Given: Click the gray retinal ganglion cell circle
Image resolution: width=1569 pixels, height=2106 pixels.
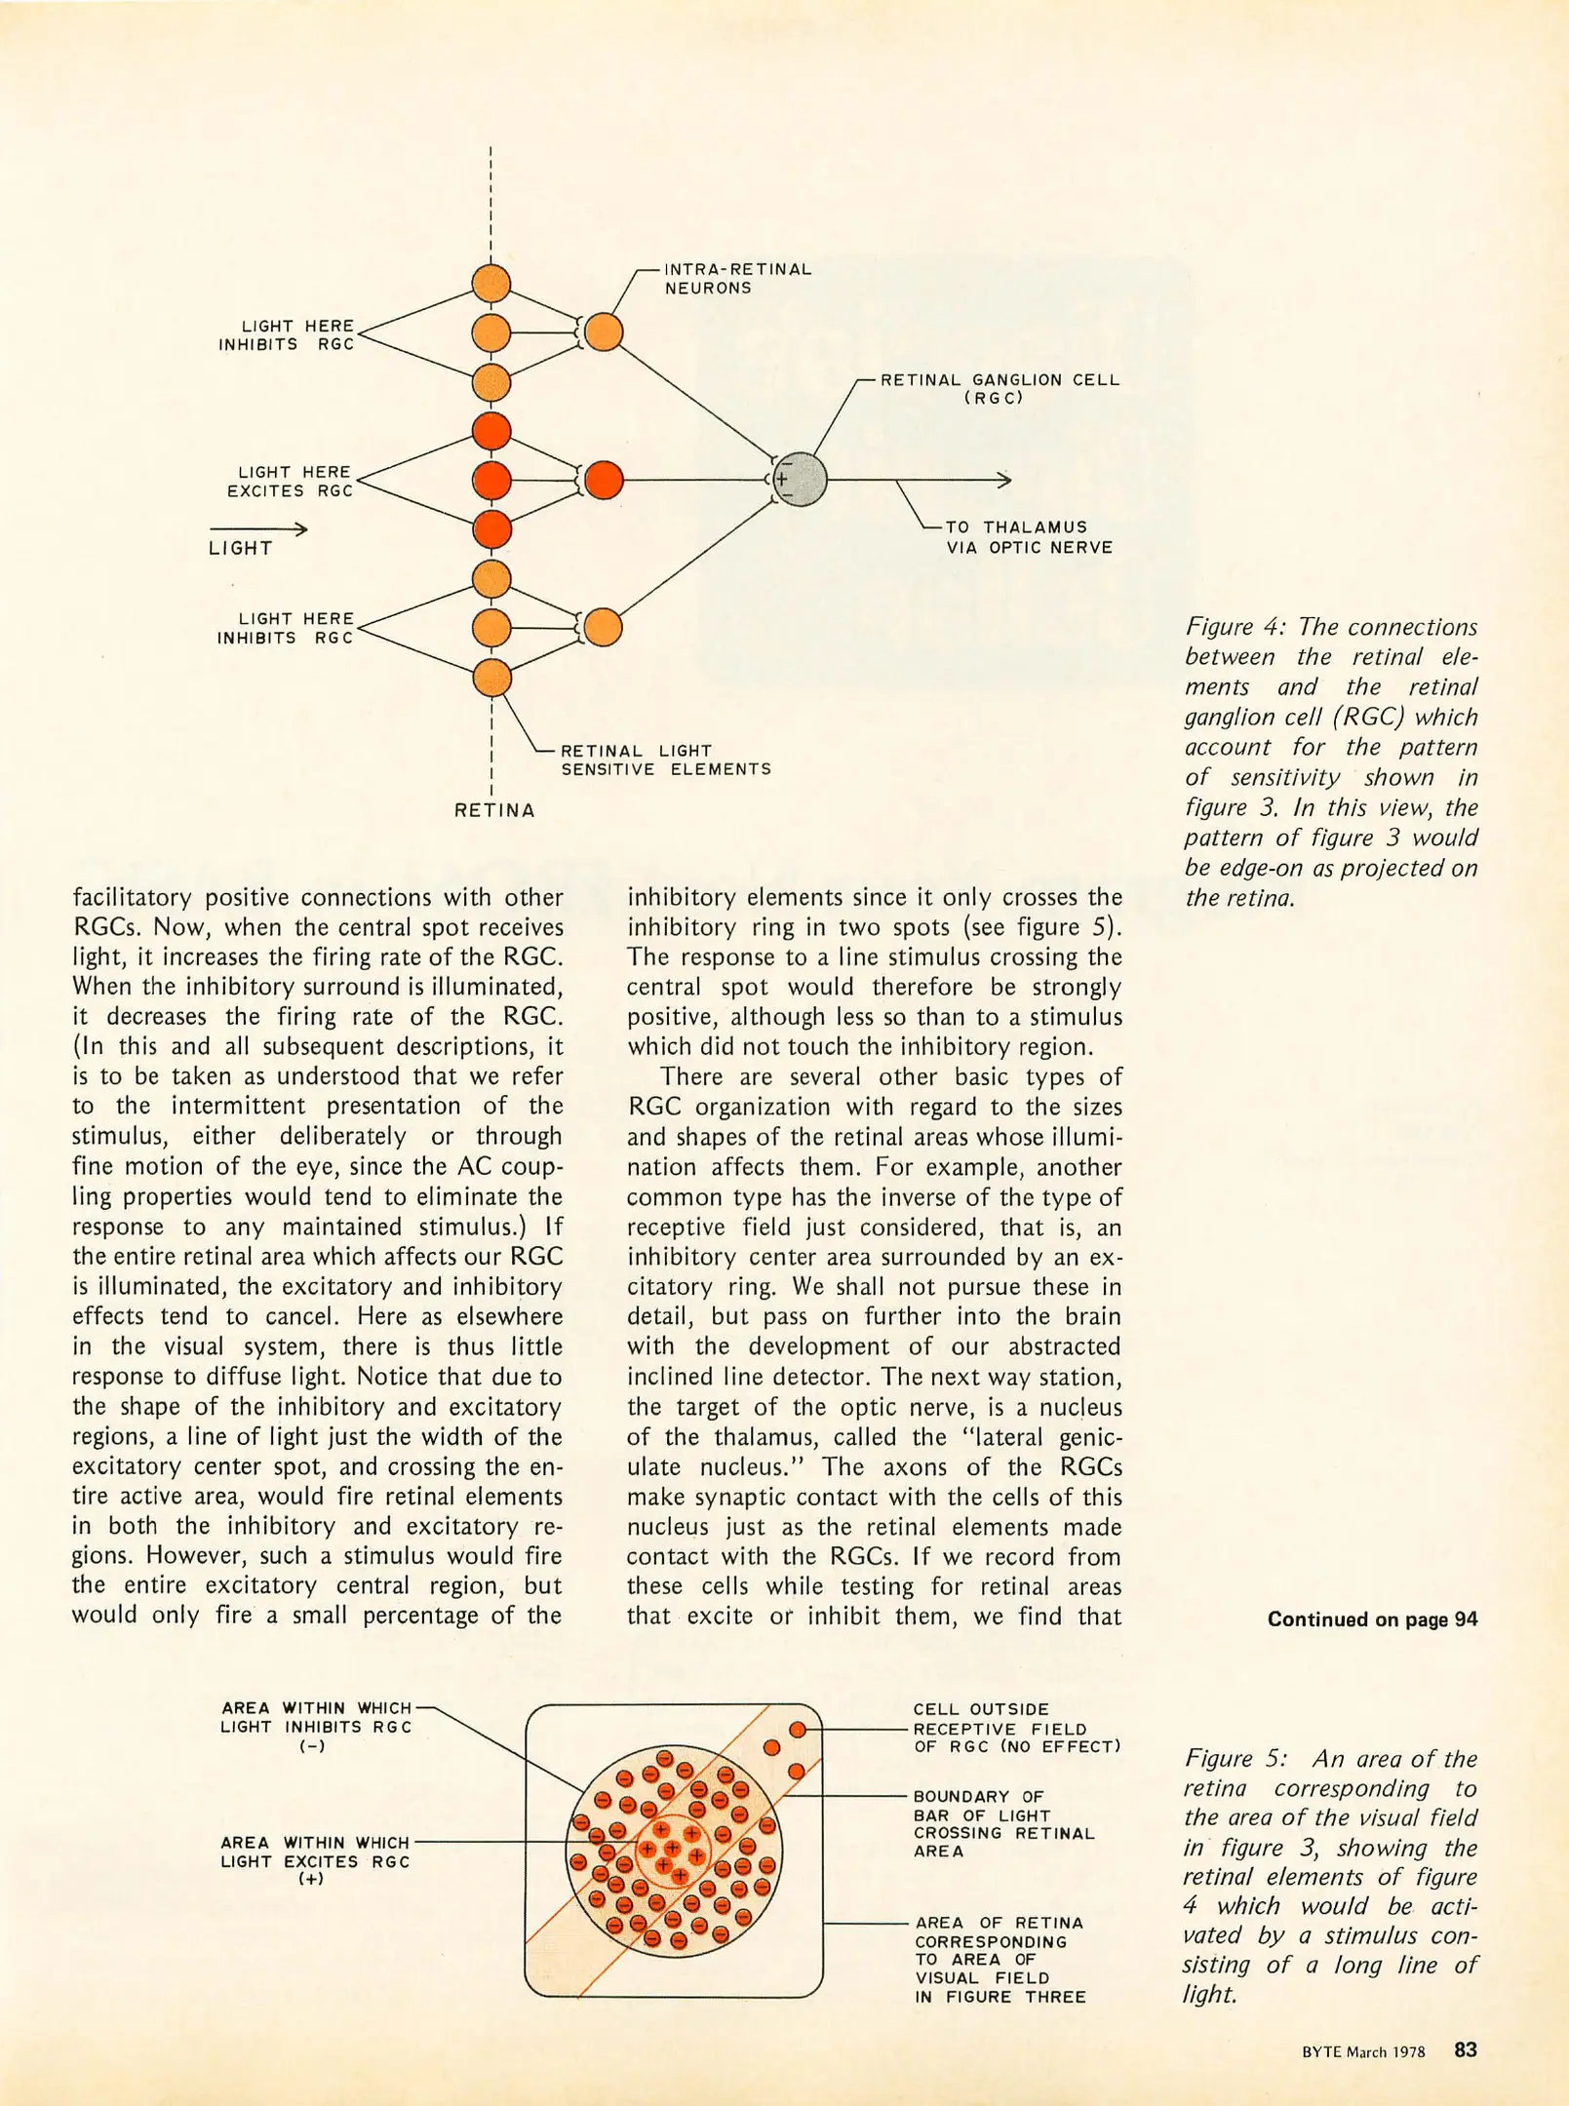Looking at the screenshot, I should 800,480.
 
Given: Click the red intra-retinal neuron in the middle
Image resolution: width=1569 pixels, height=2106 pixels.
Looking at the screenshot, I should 604,480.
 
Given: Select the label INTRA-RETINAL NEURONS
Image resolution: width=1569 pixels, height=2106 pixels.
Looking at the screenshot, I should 737,278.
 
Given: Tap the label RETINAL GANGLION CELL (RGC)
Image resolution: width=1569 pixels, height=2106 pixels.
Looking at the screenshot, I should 1000,388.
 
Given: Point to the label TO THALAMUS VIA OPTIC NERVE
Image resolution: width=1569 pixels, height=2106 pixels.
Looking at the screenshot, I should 1028,537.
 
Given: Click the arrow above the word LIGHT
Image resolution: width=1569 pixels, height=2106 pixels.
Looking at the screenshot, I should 258,529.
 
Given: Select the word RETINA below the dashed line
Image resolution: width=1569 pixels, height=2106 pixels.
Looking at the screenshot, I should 494,810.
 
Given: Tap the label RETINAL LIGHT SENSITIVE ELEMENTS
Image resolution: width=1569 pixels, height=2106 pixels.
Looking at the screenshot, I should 665,760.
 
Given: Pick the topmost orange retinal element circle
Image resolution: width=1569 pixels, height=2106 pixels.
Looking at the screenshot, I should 491,284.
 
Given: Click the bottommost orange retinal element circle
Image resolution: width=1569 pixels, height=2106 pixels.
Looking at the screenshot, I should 491,678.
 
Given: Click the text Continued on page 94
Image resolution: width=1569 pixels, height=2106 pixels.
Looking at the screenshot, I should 1371,1619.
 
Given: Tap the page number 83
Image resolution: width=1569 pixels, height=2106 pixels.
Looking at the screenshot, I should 1465,2049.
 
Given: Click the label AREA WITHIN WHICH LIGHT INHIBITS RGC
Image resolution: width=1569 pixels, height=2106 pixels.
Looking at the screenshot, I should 315,1726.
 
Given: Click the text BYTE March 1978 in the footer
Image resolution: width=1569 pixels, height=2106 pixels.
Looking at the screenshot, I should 1362,2051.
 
